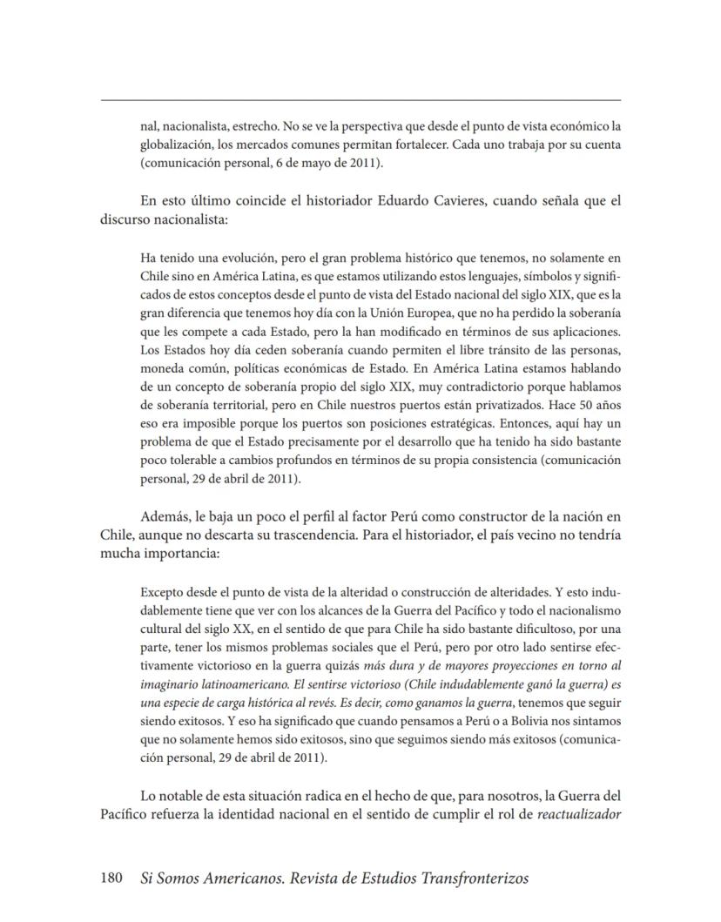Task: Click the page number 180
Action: pos(114,878)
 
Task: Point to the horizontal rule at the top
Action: pos(360,100)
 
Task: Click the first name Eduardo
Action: pos(383,201)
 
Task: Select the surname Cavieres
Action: pos(453,201)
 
